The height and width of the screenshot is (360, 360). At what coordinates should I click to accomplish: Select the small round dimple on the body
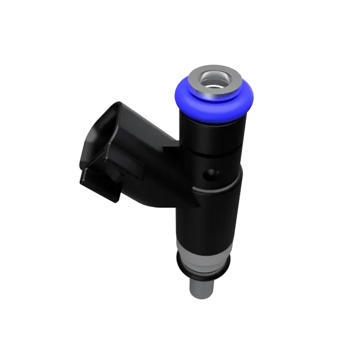(212, 174)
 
